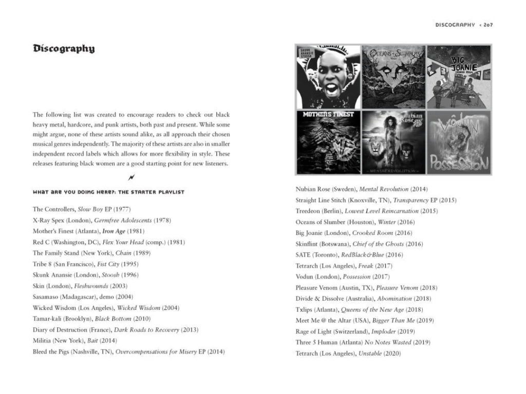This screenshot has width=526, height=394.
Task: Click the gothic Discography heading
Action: coord(64,49)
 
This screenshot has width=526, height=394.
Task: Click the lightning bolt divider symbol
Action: coord(131,178)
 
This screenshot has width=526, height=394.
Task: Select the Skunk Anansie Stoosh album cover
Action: coord(329,76)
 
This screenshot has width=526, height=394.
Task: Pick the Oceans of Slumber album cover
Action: coord(393,76)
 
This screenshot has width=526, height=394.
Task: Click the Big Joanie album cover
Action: coord(459,76)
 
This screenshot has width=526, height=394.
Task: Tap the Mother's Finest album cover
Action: coord(329,142)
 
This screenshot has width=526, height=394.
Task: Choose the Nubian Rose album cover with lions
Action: coord(393,142)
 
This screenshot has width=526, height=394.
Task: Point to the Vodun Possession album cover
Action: coord(459,142)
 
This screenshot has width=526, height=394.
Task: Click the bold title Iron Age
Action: coord(114,231)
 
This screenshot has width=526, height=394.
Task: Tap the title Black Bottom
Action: coord(110,319)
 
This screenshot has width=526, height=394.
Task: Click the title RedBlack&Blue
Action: coord(363,255)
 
